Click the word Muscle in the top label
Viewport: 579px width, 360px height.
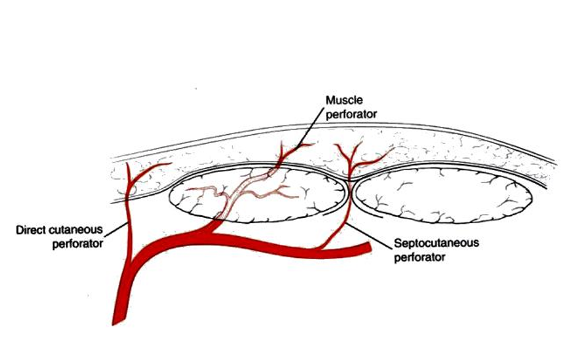(341, 100)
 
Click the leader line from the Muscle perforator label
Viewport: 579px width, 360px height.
(310, 128)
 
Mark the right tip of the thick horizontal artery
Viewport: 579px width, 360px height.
(366, 249)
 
